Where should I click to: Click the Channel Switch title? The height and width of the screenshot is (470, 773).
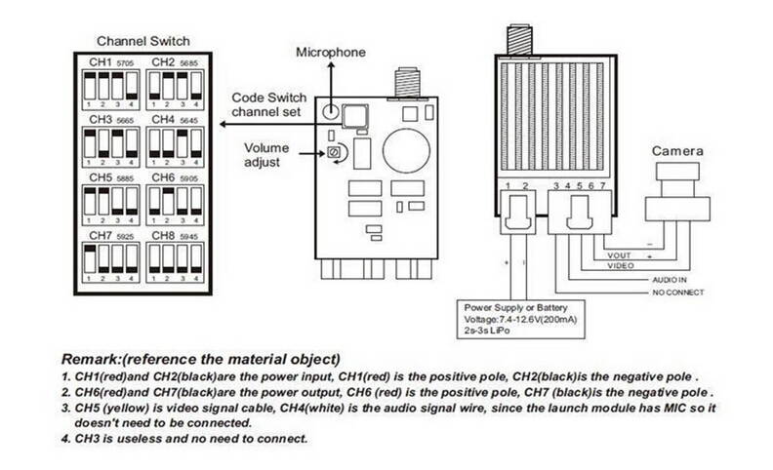pyautogui.click(x=142, y=41)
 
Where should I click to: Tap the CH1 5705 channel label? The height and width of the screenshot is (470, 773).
pyautogui.click(x=110, y=62)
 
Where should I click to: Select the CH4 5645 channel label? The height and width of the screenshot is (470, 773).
pyautogui.click(x=174, y=119)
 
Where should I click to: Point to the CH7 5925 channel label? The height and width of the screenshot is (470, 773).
pyautogui.click(x=110, y=236)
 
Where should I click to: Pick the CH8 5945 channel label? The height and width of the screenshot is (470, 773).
pyautogui.click(x=174, y=236)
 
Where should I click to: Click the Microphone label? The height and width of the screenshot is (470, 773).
pyautogui.click(x=331, y=52)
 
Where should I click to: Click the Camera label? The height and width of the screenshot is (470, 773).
pyautogui.click(x=678, y=152)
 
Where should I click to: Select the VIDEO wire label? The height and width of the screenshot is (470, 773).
pyautogui.click(x=622, y=265)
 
